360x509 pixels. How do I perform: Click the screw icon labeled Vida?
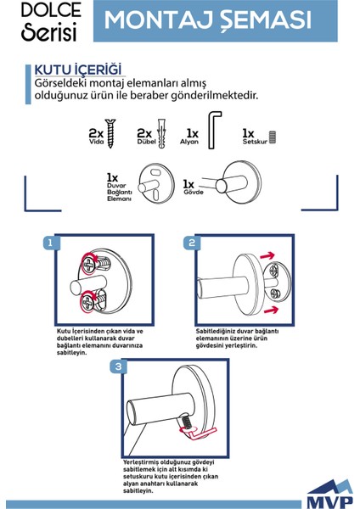click(115, 136)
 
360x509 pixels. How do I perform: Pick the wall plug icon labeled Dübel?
click(160, 135)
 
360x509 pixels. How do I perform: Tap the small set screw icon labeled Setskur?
click(273, 135)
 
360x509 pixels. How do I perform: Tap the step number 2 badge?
click(191, 243)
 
